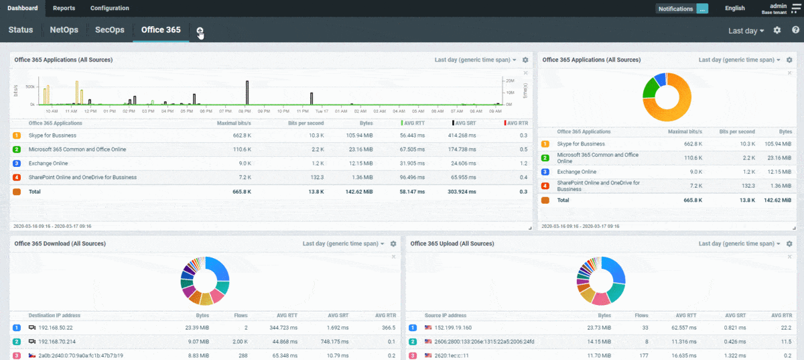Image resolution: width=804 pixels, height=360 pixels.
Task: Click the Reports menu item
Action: [64, 8]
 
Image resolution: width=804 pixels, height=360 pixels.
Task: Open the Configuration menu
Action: [109, 8]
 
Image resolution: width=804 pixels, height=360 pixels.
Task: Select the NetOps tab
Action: [64, 30]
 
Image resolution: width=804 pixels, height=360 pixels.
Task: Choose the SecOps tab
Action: [110, 30]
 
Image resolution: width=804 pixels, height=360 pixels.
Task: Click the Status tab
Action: [21, 30]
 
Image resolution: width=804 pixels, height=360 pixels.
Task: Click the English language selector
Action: [734, 9]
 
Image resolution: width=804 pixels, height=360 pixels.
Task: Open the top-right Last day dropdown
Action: [746, 31]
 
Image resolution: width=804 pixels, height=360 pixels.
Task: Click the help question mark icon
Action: [795, 30]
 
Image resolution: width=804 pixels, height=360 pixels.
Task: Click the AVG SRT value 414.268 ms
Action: [462, 135]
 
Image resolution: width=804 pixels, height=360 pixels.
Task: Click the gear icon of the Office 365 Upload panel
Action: [789, 244]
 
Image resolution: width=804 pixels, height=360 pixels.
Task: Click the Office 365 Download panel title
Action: [60, 244]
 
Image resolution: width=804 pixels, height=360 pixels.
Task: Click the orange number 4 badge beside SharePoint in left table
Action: [17, 178]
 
